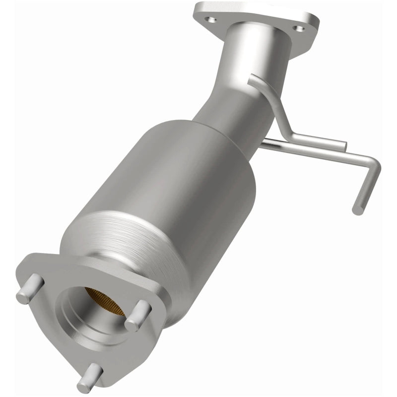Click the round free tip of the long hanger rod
pos(357,210)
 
